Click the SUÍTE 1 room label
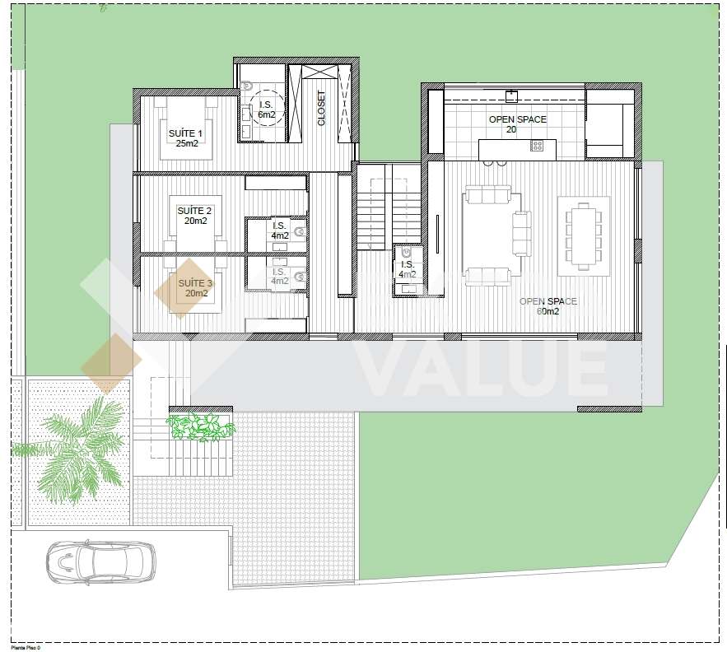(185, 137)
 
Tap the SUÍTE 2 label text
(194, 216)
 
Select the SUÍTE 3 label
(194, 288)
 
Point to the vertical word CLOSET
(322, 109)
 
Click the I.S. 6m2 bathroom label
(266, 109)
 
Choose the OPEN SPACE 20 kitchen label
(517, 124)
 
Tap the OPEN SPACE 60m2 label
(548, 306)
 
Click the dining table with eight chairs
(584, 236)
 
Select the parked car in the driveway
(100, 562)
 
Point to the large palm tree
(78, 449)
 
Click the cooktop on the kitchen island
(537, 146)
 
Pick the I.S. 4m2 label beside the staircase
(407, 269)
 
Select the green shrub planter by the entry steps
(200, 426)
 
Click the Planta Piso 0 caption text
(26, 648)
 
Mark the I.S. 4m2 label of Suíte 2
(280, 231)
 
